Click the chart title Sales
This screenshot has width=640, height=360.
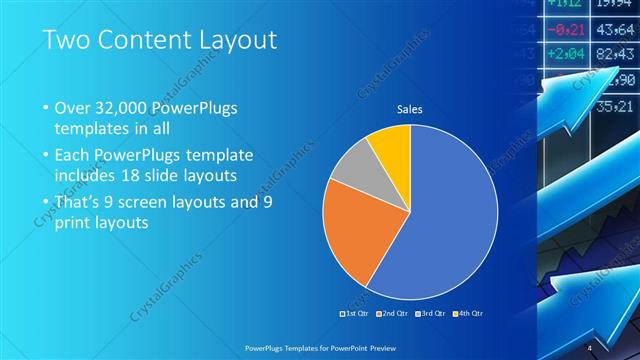click(x=409, y=108)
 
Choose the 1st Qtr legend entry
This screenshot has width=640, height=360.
click(x=355, y=313)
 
